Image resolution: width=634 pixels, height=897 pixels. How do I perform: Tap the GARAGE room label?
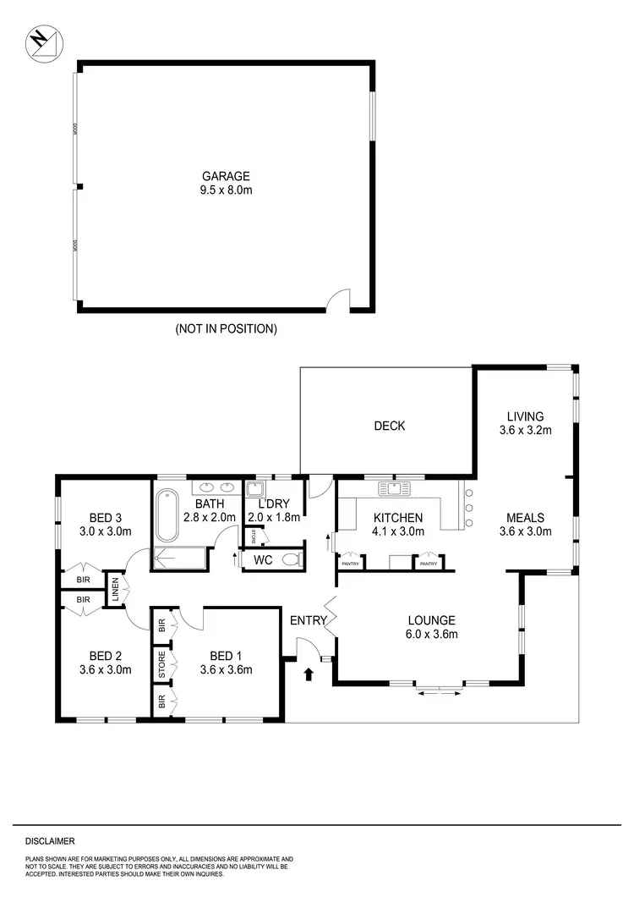coord(225,176)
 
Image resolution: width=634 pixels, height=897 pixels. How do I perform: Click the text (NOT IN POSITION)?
coord(226,328)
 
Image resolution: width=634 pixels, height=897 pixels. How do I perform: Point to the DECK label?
coord(390,426)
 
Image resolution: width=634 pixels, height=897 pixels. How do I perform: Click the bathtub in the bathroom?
coord(166,516)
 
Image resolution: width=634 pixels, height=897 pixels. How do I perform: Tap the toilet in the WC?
coord(290,559)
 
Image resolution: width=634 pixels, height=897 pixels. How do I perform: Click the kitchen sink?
coord(395,487)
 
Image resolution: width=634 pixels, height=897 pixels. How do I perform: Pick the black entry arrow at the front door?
coord(308,674)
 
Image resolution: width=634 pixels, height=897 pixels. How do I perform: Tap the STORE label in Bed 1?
coord(161,664)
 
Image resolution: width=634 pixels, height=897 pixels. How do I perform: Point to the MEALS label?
coord(524,518)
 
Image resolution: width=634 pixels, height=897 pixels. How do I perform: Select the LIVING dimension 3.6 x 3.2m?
coord(524,429)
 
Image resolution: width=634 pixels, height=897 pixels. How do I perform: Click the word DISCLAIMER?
coord(50,841)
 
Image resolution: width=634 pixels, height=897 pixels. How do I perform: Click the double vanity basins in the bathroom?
coord(216,487)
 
